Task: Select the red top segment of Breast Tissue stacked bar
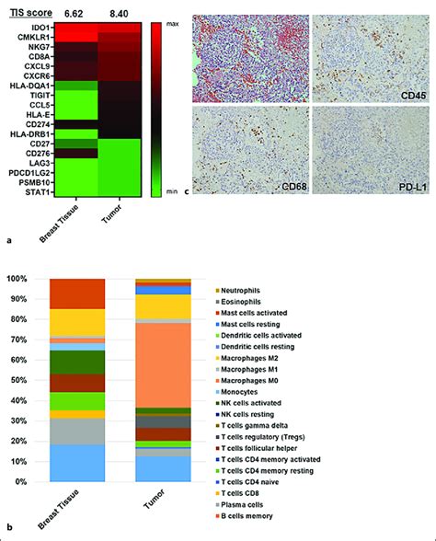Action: (x=77, y=293)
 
